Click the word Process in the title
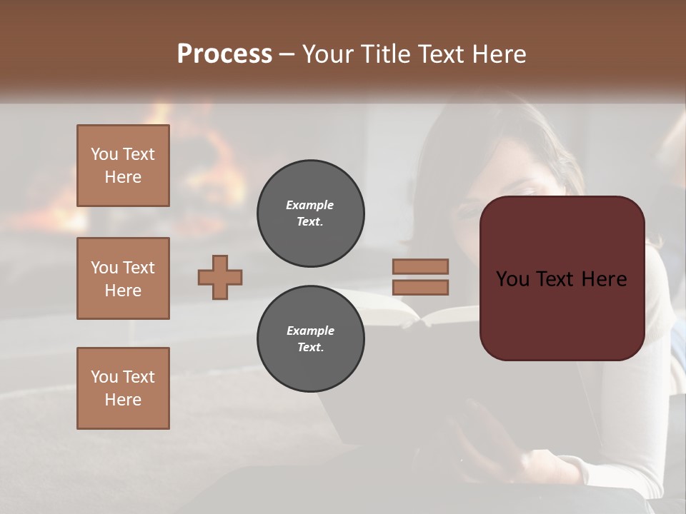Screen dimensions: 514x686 click(224, 54)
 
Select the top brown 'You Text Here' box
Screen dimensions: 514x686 click(123, 166)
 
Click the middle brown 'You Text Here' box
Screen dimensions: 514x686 click(123, 278)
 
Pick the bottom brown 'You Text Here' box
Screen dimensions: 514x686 click(123, 388)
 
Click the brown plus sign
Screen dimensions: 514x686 click(220, 277)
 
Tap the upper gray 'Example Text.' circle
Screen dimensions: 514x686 click(310, 213)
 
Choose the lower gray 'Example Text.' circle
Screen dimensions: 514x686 click(310, 339)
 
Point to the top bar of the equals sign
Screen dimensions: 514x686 click(421, 266)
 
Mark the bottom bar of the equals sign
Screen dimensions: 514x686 click(421, 287)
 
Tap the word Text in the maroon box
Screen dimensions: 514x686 click(561, 279)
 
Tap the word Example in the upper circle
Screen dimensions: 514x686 click(309, 205)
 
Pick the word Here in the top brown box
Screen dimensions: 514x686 click(123, 177)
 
